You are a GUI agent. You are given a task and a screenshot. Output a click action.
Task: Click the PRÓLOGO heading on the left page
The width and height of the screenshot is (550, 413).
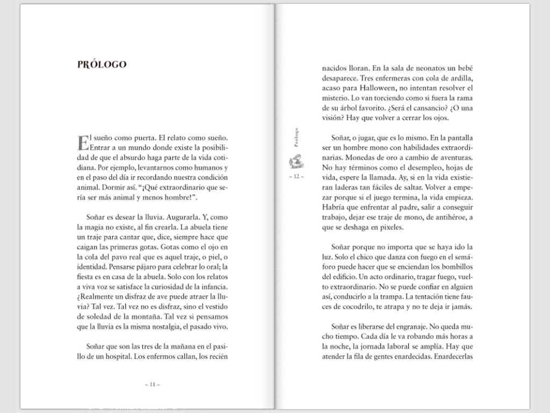click(x=102, y=65)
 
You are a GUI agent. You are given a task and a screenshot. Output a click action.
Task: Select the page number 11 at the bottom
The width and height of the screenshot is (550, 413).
click(x=152, y=384)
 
